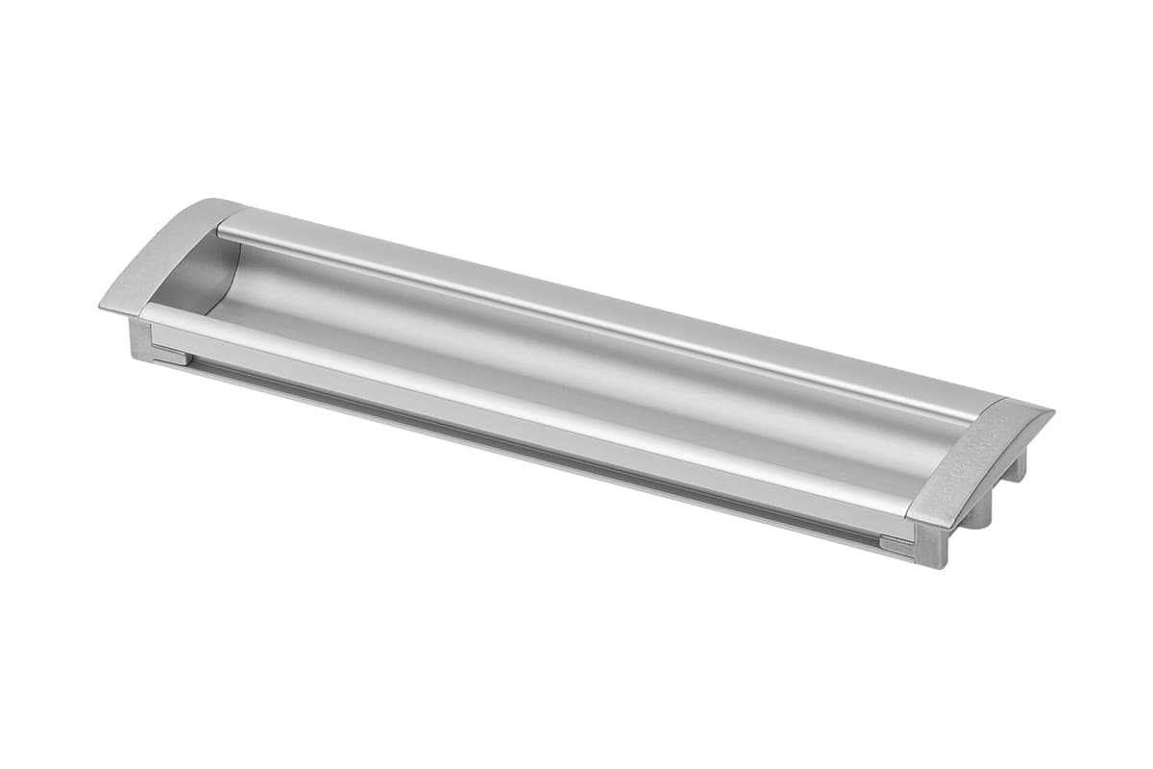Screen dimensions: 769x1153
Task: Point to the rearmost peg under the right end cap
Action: pos(1017,468)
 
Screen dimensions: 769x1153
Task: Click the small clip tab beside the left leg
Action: pos(171,356)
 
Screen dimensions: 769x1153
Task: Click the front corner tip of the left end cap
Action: pos(102,307)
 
